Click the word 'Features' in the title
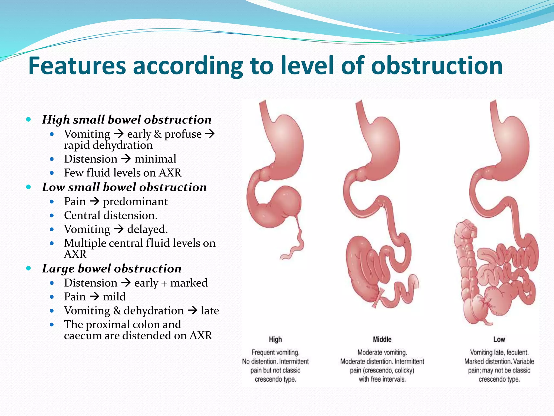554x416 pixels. point(77,66)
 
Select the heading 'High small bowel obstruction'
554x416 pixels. point(127,120)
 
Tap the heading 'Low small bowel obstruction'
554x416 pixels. point(124,187)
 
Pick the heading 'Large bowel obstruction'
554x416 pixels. point(112,268)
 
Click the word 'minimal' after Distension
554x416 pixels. point(155,159)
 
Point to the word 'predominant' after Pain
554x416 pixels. point(135,201)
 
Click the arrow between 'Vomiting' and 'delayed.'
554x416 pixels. point(118,229)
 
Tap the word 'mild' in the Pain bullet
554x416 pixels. point(114,297)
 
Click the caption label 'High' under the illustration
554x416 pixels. point(275,339)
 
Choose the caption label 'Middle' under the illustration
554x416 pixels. point(382,339)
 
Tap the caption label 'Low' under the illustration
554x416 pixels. point(499,339)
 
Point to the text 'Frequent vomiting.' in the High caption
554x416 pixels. point(275,352)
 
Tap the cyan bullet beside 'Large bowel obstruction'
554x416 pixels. point(28,268)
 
